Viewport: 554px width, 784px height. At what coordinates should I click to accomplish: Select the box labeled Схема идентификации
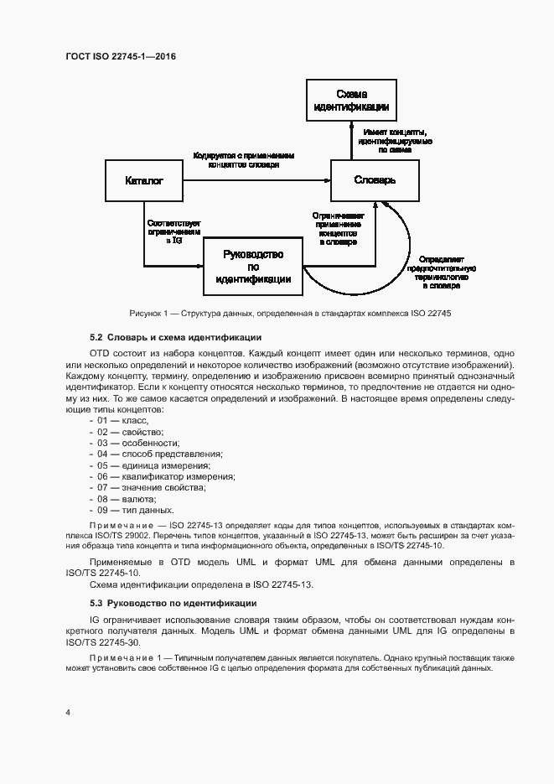(x=350, y=101)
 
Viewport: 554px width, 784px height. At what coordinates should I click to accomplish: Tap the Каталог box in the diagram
(x=143, y=180)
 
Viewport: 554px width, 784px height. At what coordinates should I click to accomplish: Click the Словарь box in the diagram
(x=374, y=180)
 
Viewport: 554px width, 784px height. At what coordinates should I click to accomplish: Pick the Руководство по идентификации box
(x=253, y=267)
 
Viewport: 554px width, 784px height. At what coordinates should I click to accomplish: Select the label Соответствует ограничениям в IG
(x=175, y=232)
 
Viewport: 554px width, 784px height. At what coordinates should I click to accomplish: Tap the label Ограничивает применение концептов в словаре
(x=338, y=228)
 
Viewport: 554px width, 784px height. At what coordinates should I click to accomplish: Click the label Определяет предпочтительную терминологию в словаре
(x=442, y=273)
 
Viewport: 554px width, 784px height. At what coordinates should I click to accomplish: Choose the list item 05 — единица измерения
(x=148, y=465)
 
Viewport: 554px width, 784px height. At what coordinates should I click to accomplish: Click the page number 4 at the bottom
(x=67, y=712)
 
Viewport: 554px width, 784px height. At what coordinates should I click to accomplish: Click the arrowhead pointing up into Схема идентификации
(x=350, y=125)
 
